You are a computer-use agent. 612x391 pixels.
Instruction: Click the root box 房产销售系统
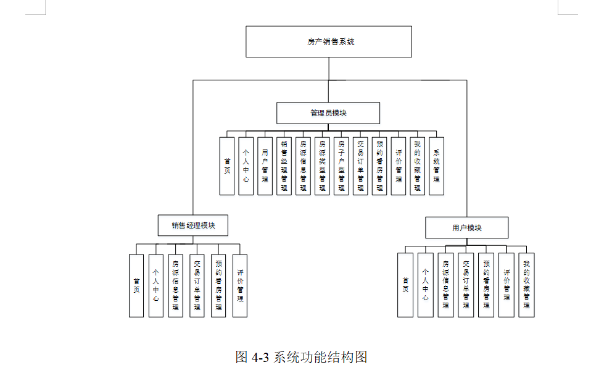329,42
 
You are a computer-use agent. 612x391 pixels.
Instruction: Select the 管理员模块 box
328,113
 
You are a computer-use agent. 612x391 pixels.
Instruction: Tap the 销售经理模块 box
192,225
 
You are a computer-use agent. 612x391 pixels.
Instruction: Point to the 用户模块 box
466,228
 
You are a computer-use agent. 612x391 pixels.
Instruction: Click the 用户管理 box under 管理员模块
265,166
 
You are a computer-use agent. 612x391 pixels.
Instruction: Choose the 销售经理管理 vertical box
284,166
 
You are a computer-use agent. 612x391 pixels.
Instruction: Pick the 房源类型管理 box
322,166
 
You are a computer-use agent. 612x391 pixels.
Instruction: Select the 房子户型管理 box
341,166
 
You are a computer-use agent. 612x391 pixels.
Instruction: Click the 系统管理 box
436,166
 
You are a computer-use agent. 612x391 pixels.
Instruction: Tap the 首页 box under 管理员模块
227,166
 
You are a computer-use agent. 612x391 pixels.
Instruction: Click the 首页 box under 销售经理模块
136,285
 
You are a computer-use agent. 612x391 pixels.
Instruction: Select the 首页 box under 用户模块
405,285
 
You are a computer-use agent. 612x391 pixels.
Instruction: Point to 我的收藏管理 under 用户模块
526,285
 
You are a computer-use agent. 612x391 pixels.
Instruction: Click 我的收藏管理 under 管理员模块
417,166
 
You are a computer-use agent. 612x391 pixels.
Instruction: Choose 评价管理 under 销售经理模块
240,285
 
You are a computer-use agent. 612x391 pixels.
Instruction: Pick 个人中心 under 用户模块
425,285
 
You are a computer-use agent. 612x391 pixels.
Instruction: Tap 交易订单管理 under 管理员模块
360,166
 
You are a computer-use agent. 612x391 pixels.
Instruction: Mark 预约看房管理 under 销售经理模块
218,285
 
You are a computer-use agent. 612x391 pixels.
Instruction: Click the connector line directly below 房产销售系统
329,69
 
